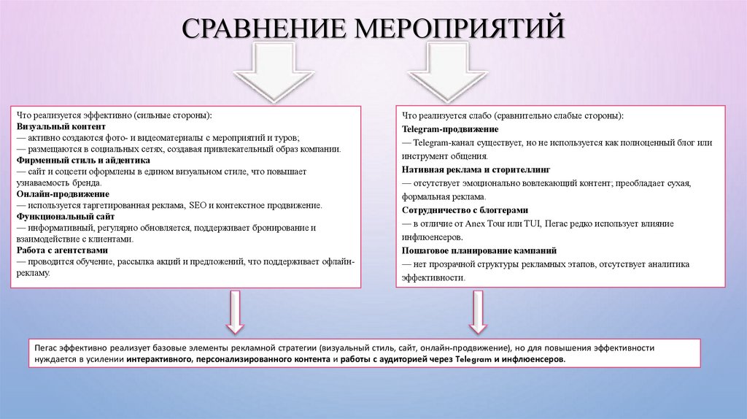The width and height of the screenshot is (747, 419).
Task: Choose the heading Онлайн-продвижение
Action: tap(62, 194)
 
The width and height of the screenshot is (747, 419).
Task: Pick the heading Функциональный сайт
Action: tap(62, 217)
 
